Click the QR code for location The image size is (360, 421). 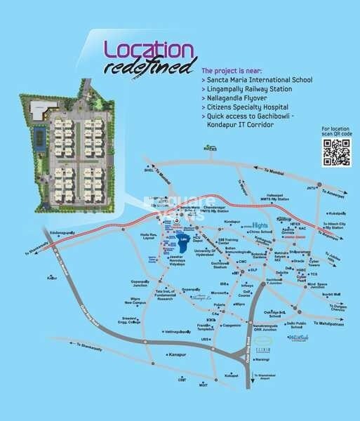[x=335, y=154]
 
